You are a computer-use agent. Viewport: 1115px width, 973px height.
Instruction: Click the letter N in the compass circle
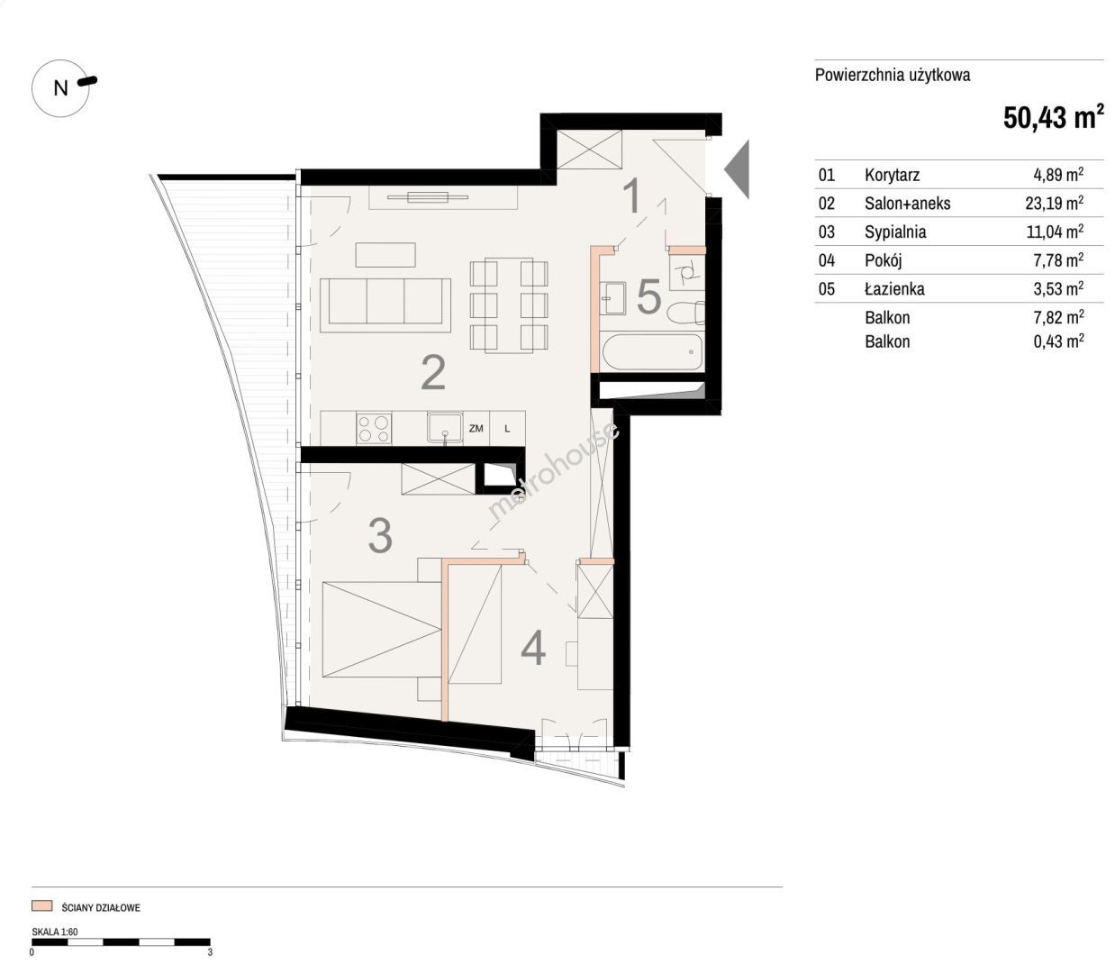point(60,88)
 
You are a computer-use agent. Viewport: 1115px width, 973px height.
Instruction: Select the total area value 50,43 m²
point(1054,116)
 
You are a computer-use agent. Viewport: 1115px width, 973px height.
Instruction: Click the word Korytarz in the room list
point(893,175)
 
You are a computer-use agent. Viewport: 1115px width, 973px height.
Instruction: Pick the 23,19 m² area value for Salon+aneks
point(1054,203)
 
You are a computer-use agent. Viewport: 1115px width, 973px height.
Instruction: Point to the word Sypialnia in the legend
point(895,232)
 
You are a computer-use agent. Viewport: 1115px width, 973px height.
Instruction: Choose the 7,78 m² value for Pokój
point(1058,260)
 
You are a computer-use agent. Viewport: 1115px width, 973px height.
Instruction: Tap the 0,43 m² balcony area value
point(1058,341)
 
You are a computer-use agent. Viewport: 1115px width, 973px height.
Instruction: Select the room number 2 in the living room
point(434,373)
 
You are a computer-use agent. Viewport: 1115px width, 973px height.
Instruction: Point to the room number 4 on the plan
point(533,648)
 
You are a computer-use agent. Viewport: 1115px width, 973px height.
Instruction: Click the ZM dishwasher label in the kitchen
point(476,429)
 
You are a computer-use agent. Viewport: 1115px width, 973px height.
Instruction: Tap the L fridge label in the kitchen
point(507,429)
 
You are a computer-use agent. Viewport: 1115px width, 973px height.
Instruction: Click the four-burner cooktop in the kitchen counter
point(374,429)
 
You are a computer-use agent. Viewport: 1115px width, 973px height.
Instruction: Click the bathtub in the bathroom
point(653,351)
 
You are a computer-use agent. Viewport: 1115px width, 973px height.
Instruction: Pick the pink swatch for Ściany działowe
point(42,905)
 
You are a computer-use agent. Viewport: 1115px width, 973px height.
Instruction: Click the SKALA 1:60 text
point(55,932)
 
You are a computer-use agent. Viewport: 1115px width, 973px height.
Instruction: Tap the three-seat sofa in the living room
point(385,305)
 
